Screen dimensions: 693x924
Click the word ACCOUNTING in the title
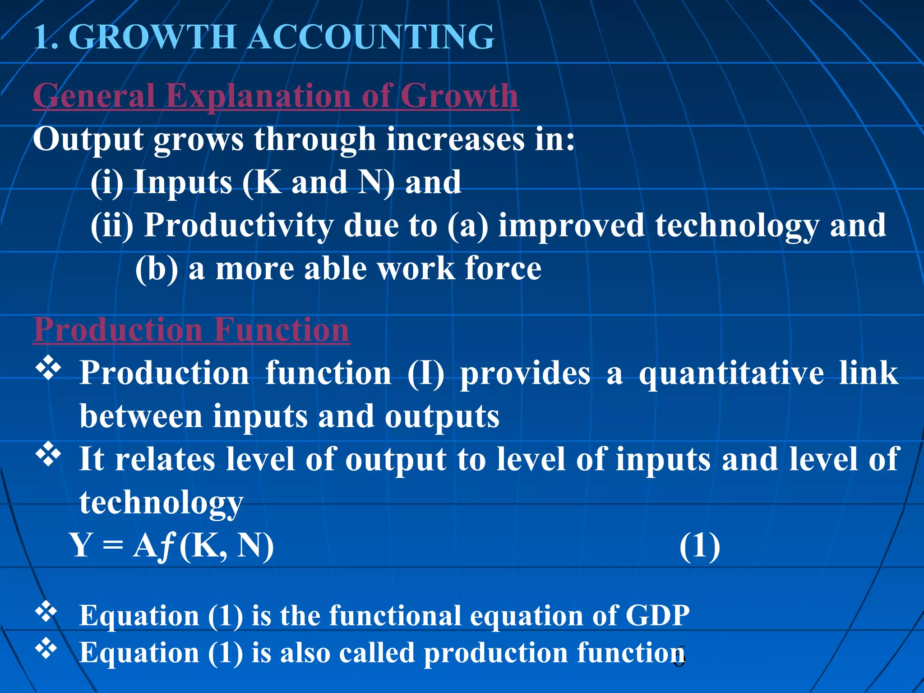coord(372,37)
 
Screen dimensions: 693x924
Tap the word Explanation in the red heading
coord(259,96)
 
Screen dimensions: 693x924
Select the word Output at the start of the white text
coord(88,139)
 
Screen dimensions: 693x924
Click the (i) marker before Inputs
coord(107,182)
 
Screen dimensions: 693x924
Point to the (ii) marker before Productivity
coord(112,225)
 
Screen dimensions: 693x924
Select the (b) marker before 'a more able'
coord(157,269)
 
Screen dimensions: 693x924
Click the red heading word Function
coord(282,330)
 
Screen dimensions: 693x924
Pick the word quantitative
coord(731,374)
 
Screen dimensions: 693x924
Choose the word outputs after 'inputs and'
coord(442,416)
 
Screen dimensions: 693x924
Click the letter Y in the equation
coord(82,545)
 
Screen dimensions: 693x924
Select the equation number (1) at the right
coord(699,546)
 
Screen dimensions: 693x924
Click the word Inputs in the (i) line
coord(183,182)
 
